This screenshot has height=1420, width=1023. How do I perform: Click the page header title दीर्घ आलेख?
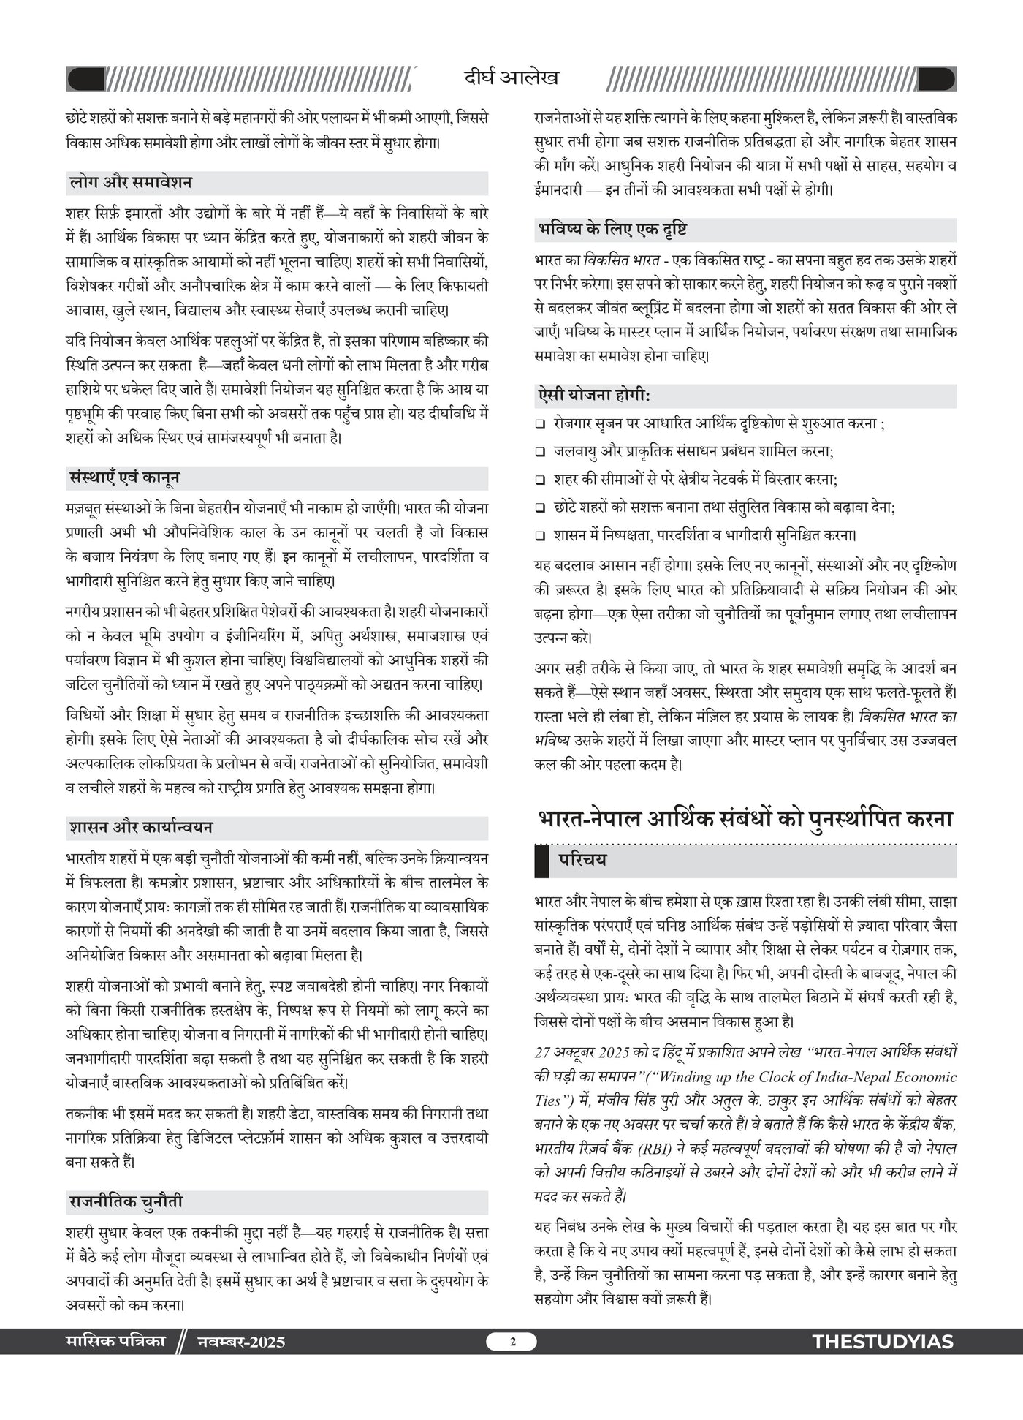tap(511, 78)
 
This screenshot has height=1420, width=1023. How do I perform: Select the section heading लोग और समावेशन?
tap(129, 183)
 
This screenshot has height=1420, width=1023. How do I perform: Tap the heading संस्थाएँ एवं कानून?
tap(123, 478)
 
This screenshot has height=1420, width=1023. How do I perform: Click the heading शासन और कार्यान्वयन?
tap(141, 828)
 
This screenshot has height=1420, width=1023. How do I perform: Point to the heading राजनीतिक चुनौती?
tap(126, 1202)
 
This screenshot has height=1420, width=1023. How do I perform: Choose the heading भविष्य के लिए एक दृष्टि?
tap(612, 230)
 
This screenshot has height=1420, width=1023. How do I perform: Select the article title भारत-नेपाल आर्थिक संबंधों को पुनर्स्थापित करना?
tap(745, 818)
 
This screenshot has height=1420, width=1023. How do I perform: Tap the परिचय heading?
tap(582, 861)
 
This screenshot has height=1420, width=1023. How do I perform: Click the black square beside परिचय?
tap(541, 861)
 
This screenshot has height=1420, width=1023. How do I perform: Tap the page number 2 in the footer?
tap(512, 1341)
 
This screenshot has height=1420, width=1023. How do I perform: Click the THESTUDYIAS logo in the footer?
tap(883, 1342)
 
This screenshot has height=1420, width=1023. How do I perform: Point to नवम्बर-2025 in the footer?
tap(241, 1342)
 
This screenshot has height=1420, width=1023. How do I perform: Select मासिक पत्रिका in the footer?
tap(115, 1341)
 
